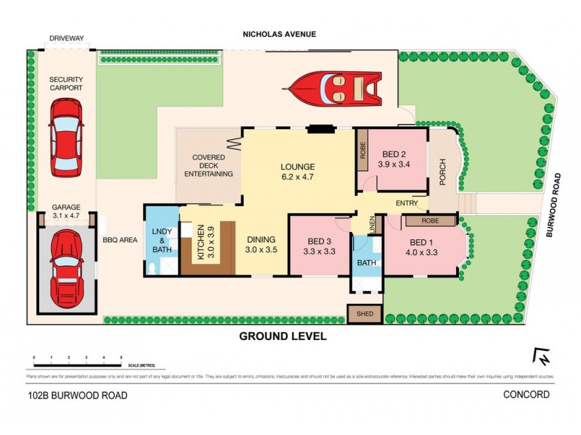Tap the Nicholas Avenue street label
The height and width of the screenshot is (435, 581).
pyautogui.click(x=280, y=34)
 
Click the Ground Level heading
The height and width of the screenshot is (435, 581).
pyautogui.click(x=283, y=336)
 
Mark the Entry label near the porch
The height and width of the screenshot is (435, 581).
pyautogui.click(x=407, y=204)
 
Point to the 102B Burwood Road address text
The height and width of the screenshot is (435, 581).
pyautogui.click(x=78, y=395)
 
